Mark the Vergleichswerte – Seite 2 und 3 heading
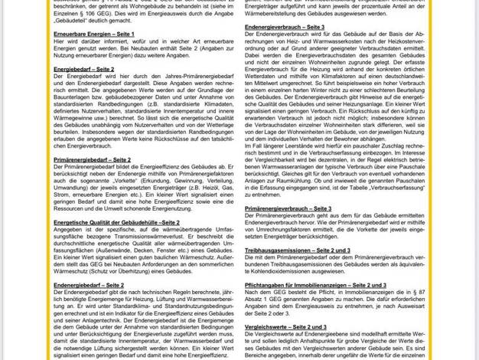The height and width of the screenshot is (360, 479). coord(285,326)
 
